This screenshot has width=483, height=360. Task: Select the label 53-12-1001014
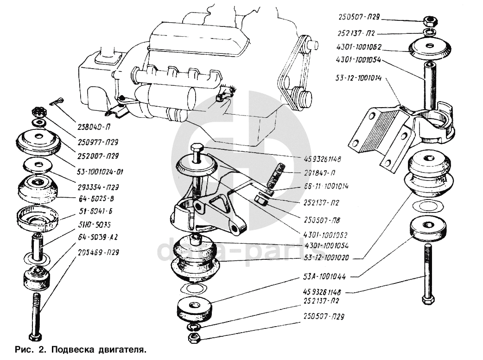(359, 78)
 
